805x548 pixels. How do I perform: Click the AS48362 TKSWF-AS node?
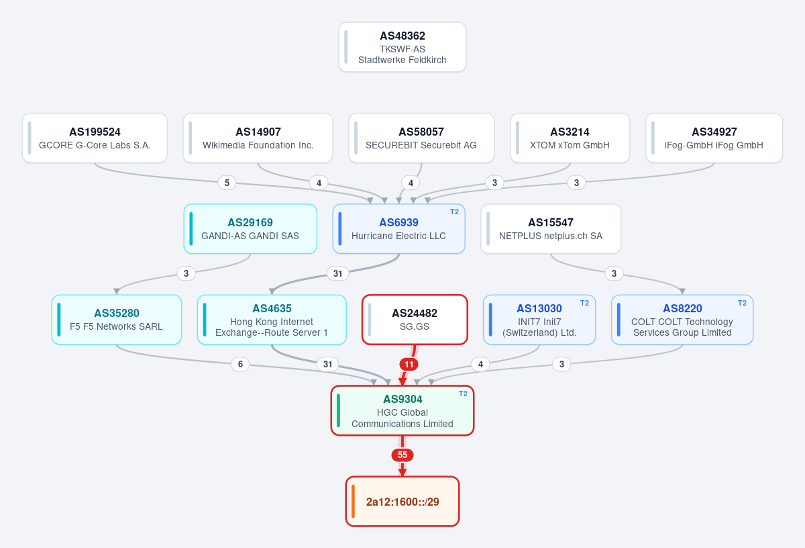pyautogui.click(x=402, y=47)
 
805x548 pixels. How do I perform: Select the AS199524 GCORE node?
pyautogui.click(x=95, y=138)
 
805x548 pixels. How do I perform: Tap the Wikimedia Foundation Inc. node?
pyautogui.click(x=258, y=138)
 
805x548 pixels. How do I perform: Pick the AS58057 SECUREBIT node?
pyautogui.click(x=421, y=138)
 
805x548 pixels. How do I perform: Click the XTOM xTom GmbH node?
pyautogui.click(x=570, y=138)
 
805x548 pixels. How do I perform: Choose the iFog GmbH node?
pyautogui.click(x=714, y=138)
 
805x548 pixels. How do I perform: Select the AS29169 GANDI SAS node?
pyautogui.click(x=250, y=229)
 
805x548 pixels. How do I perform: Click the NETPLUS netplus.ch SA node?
pyautogui.click(x=551, y=229)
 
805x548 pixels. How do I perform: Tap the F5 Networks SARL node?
pyautogui.click(x=117, y=320)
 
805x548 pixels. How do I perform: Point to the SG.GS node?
pyautogui.click(x=415, y=320)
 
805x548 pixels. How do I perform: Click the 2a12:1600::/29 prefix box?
pyautogui.click(x=402, y=501)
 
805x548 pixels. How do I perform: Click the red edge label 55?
pyautogui.click(x=402, y=455)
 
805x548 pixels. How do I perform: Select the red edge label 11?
pyautogui.click(x=409, y=364)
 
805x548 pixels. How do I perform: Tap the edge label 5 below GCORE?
pyautogui.click(x=227, y=183)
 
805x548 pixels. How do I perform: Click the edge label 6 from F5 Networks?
pyautogui.click(x=240, y=364)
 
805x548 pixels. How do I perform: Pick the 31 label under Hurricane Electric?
pyautogui.click(x=337, y=273)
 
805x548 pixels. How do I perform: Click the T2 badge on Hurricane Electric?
pyautogui.click(x=454, y=212)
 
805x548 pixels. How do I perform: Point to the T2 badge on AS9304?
pyautogui.click(x=463, y=394)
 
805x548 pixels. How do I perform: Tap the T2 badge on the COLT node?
pyautogui.click(x=742, y=303)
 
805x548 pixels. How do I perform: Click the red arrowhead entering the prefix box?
pyautogui.click(x=402, y=472)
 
